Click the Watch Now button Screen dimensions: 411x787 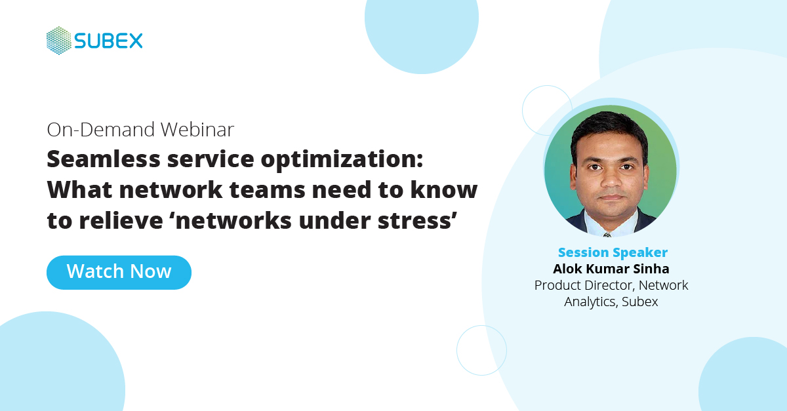point(119,272)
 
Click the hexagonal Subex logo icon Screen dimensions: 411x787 point(58,41)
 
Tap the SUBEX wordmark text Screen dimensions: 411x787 point(108,41)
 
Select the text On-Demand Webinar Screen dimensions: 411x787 point(140,129)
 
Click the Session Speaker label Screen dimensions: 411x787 point(613,252)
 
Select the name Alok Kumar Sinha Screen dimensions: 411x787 point(611,269)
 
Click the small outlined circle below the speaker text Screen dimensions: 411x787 point(481,350)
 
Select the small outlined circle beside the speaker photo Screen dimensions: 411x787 point(547,110)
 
